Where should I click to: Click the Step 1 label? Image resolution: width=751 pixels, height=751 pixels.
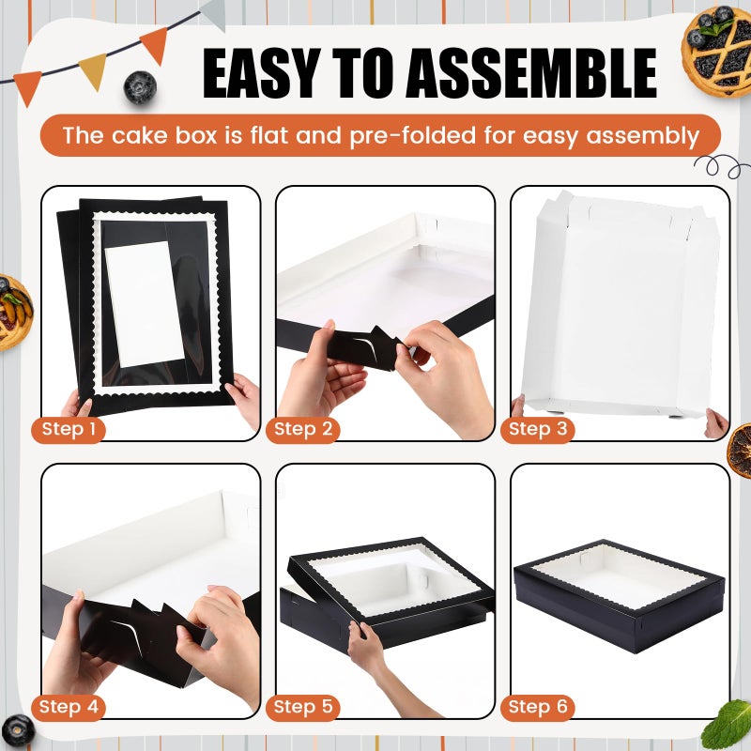tap(72, 430)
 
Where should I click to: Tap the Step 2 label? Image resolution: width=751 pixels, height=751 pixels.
tap(302, 430)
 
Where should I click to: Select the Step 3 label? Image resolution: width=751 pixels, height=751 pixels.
tap(537, 430)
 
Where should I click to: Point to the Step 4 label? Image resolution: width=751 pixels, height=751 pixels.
tap(72, 707)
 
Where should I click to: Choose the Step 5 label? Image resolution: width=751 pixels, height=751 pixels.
tap(302, 707)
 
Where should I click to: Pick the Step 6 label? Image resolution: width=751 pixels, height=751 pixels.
tap(537, 707)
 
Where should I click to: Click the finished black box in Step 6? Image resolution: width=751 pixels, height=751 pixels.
tap(620, 601)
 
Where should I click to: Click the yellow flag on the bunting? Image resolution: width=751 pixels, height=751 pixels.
tap(92, 70)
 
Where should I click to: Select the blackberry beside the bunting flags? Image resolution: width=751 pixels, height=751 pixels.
tap(140, 86)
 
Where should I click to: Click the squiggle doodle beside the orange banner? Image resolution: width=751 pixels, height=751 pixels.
tap(722, 167)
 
